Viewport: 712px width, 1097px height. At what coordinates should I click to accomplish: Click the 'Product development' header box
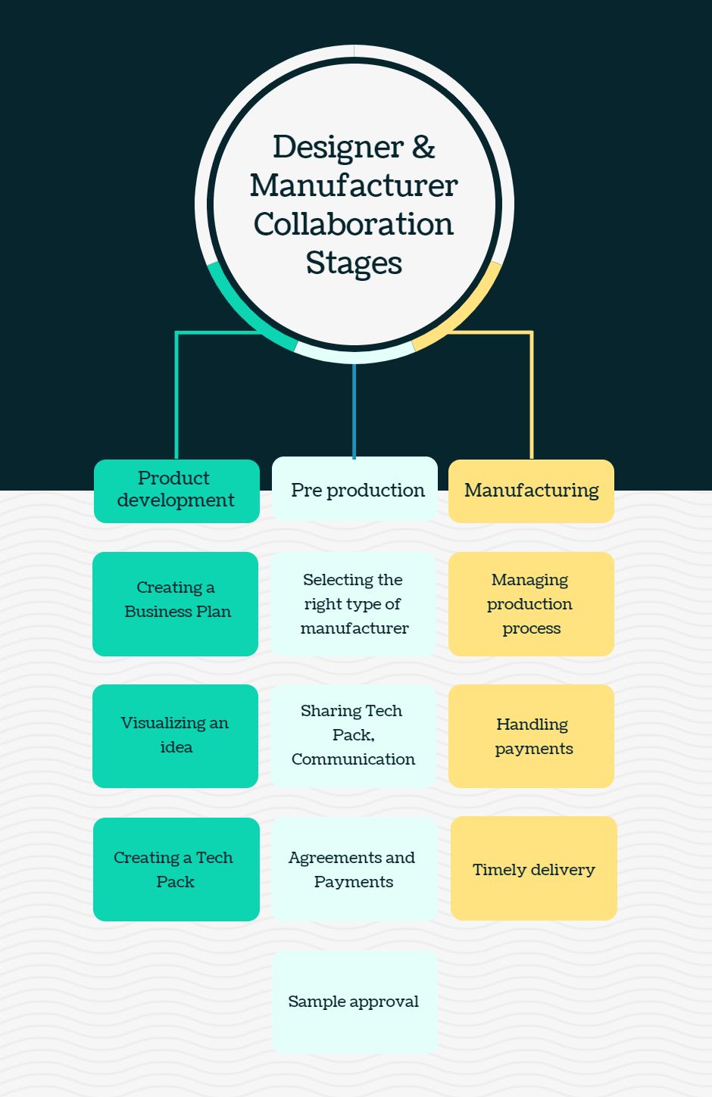(176, 491)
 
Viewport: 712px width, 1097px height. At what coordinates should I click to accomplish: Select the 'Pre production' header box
(354, 489)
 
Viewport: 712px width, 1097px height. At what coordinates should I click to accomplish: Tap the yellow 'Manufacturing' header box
(531, 491)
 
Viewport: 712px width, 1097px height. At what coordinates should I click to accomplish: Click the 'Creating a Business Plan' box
(176, 603)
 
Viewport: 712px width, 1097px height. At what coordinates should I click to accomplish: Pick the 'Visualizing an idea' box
(176, 736)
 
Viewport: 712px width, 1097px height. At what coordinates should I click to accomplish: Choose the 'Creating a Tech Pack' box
(176, 869)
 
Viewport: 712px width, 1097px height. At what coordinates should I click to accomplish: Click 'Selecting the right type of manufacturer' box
(354, 603)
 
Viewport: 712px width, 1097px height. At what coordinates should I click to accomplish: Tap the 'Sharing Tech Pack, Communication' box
(354, 735)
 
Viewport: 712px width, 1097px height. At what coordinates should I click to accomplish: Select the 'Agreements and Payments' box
(354, 869)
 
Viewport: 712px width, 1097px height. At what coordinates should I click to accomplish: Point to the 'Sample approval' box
(354, 1002)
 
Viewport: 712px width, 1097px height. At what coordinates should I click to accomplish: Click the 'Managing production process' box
(531, 603)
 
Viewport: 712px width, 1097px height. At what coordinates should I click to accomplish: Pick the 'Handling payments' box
(531, 736)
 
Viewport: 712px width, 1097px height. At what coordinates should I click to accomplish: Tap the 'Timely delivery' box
(534, 868)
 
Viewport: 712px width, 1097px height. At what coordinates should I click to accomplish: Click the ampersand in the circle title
(423, 147)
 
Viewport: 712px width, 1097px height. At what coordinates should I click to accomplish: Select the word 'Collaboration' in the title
(354, 224)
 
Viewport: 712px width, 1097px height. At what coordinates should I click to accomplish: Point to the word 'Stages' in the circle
(354, 263)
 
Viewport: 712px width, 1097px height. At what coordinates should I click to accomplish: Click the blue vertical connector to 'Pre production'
(354, 409)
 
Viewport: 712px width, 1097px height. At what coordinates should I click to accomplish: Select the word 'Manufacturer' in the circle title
(354, 185)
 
